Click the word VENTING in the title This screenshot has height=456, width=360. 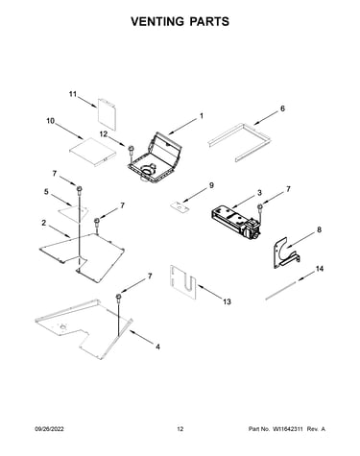click(157, 21)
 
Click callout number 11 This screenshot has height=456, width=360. click(73, 94)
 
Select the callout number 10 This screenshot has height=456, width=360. click(51, 121)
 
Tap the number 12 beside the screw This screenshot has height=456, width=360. click(104, 134)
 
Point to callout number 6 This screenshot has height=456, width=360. click(282, 108)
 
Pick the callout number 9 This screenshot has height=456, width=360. click(211, 185)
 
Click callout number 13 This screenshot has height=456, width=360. click(227, 301)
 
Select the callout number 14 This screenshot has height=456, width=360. click(320, 269)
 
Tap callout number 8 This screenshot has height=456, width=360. click(320, 229)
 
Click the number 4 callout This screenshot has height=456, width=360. click(157, 347)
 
